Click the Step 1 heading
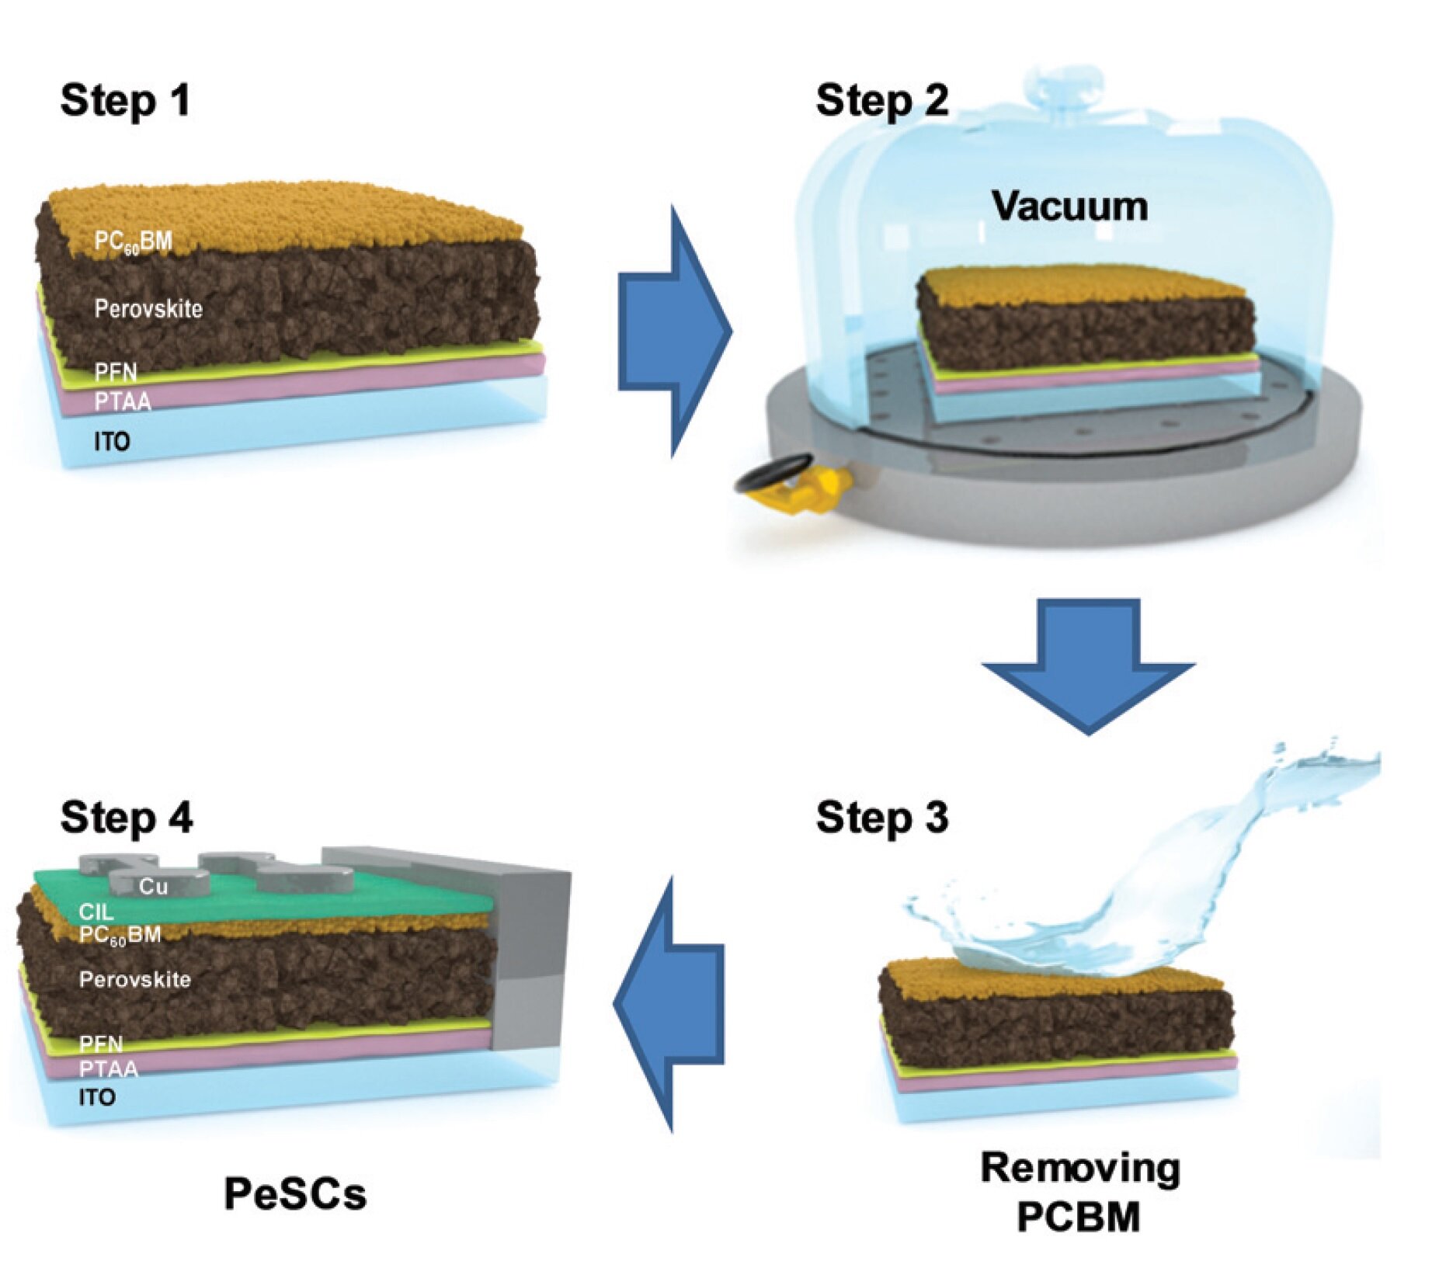tap(125, 101)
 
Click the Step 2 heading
tap(881, 101)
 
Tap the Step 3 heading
tap(881, 818)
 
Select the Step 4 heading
tap(127, 818)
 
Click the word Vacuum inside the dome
tap(1069, 207)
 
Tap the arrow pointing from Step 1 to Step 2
tap(673, 332)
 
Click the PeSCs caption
tap(295, 1193)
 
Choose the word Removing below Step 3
tap(1080, 1168)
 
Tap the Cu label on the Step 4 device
tap(153, 887)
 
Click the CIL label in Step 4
tap(96, 912)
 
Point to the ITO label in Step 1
tap(112, 442)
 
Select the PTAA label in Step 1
tap(123, 401)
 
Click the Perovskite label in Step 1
tap(148, 309)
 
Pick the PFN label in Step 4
tap(101, 1044)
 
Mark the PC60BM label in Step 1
tap(133, 241)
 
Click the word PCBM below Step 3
tap(1079, 1217)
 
